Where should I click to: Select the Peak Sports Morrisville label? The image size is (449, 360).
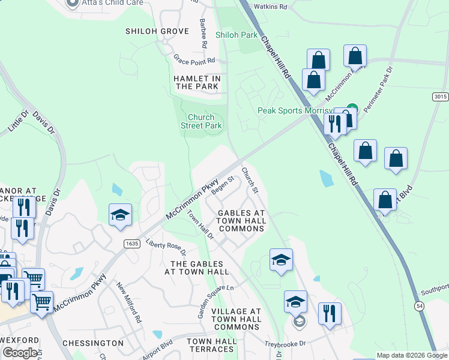point(295,110)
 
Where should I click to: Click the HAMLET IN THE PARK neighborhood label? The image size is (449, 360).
point(197,82)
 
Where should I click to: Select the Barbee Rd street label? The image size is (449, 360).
point(203,32)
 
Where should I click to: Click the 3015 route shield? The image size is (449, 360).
point(440,97)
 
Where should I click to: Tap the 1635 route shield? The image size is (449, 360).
point(133,244)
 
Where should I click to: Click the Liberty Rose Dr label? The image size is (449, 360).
point(166,248)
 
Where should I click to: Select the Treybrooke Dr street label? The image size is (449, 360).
point(286,344)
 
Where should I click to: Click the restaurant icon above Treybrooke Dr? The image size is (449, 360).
point(330,313)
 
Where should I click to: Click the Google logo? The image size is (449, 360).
point(20,353)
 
